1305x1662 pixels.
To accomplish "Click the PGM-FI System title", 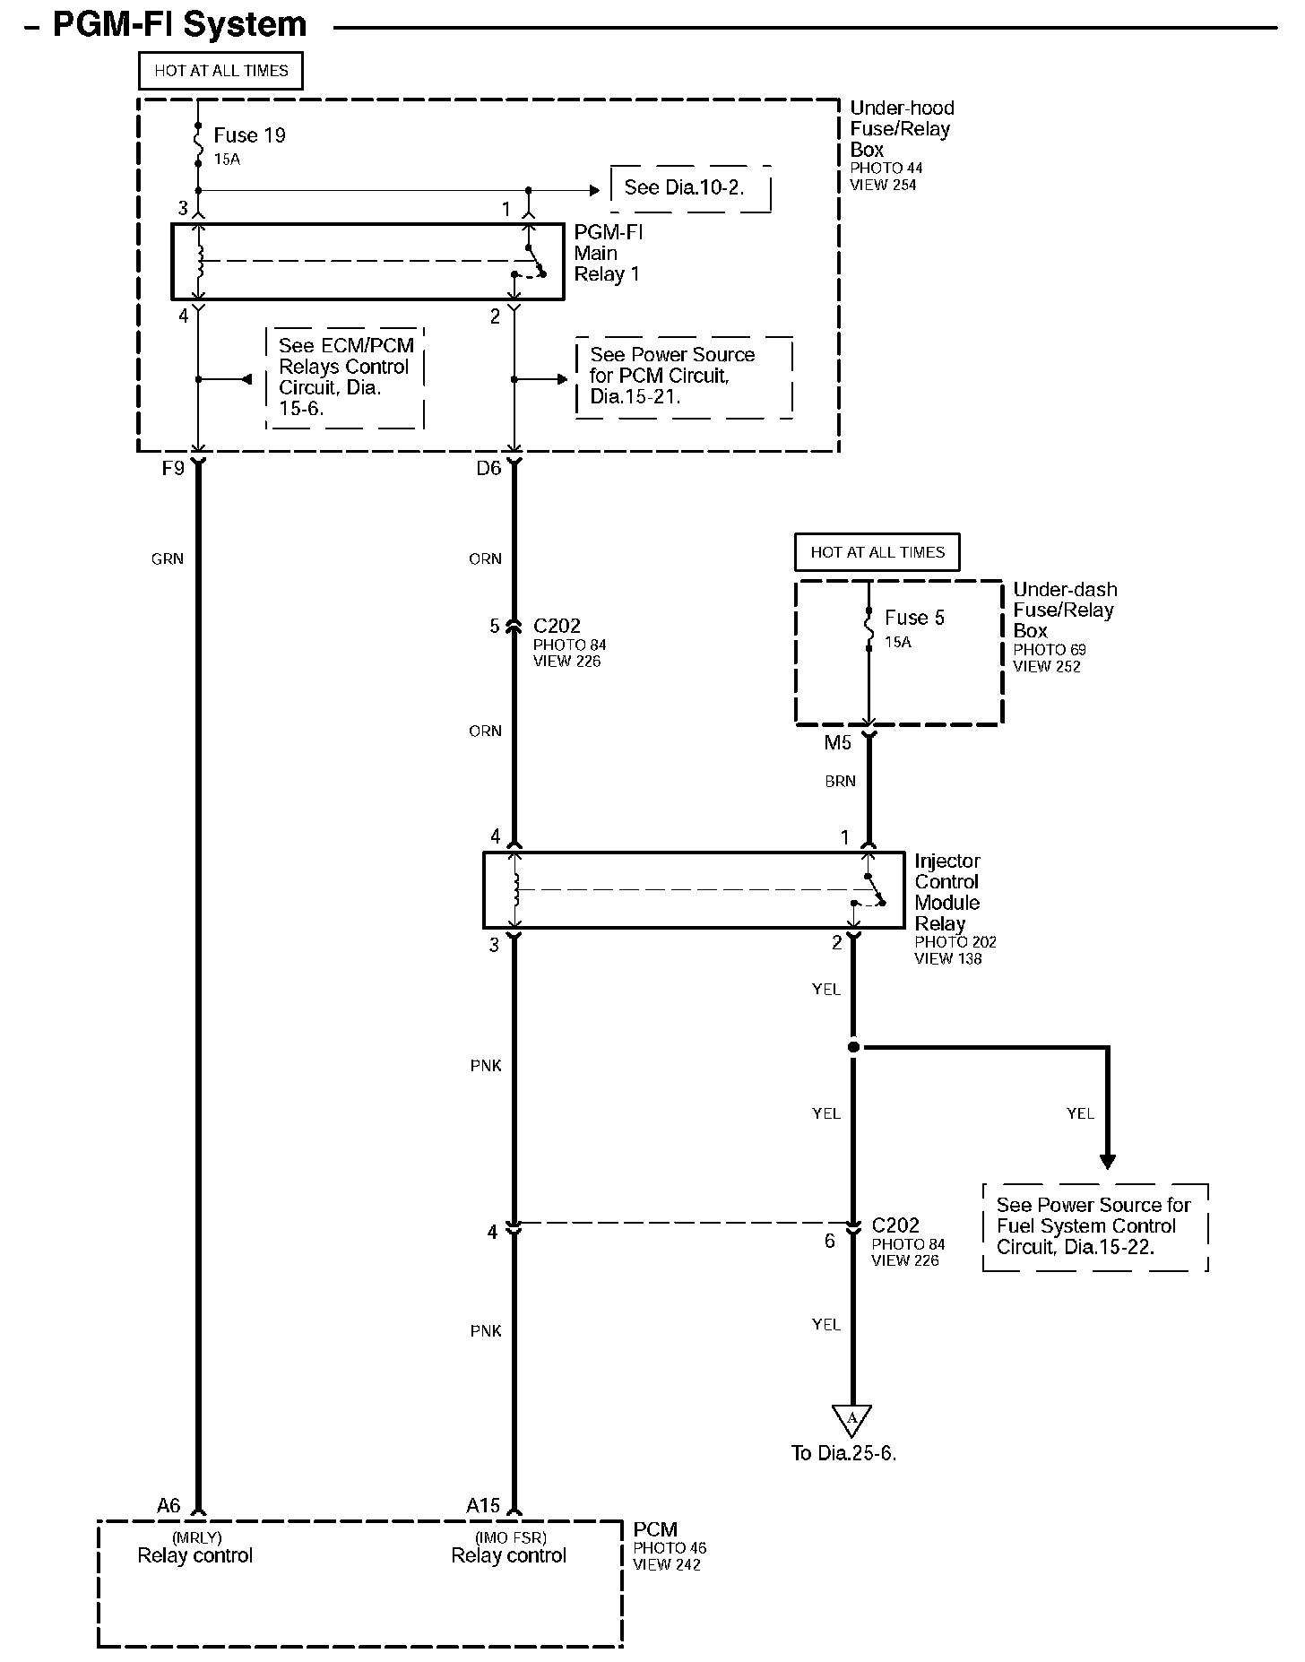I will [x=179, y=24].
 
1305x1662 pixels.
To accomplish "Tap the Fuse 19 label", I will [x=249, y=135].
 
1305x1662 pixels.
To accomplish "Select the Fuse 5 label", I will [x=914, y=618].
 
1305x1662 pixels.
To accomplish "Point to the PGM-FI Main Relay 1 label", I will [x=609, y=253].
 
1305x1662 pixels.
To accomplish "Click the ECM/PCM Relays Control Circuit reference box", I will [x=345, y=377].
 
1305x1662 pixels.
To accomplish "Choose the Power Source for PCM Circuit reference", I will [x=683, y=377].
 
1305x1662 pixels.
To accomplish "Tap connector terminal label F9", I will [x=173, y=468].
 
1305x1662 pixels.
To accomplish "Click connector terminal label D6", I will [x=488, y=468].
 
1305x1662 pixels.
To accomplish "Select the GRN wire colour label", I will [x=168, y=559].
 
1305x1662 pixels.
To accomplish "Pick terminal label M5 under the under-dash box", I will [x=838, y=743].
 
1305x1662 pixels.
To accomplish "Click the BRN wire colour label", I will [x=840, y=782].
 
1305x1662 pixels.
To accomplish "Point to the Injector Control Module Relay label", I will [x=947, y=893].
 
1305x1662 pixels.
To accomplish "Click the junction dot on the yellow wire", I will [x=853, y=1047].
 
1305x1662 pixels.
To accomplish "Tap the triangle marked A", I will [x=851, y=1418].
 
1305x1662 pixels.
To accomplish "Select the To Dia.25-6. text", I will [x=843, y=1453].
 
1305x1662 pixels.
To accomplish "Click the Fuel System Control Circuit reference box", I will [x=1094, y=1226].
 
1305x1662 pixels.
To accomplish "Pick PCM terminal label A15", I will [x=483, y=1506].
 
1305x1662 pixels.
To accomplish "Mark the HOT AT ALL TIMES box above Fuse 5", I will [x=877, y=552].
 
